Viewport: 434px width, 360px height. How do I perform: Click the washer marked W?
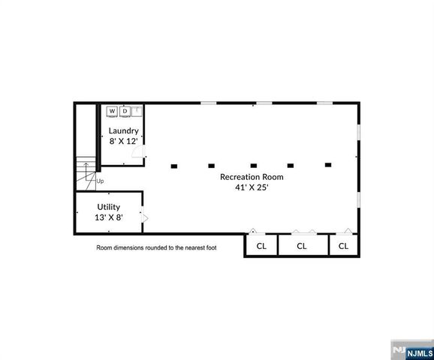(x=112, y=111)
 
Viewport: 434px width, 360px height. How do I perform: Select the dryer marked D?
(x=125, y=111)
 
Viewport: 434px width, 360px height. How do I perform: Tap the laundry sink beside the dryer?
(x=137, y=111)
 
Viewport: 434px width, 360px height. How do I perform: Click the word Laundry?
(x=123, y=130)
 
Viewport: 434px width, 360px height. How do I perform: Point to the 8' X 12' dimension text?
(x=123, y=140)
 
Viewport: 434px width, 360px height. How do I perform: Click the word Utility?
(x=108, y=206)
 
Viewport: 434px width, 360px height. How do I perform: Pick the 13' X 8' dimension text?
(x=108, y=217)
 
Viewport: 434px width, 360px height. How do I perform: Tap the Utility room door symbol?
(x=146, y=218)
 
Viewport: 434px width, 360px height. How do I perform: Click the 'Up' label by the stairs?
(x=101, y=181)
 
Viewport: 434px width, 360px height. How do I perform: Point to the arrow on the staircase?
(x=87, y=169)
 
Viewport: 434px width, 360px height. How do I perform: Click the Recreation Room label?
(x=251, y=177)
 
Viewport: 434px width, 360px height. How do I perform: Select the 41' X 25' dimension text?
(x=251, y=187)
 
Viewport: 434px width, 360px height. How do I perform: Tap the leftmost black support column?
(x=174, y=165)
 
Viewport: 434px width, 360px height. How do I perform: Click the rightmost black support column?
(x=327, y=164)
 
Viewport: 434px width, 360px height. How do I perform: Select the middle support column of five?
(x=253, y=165)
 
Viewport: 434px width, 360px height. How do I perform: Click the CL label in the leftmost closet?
(x=261, y=245)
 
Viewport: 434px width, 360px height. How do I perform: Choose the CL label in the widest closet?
(x=302, y=245)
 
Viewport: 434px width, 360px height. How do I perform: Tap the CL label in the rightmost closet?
(x=343, y=245)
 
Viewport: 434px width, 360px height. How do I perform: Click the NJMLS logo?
(x=411, y=349)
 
